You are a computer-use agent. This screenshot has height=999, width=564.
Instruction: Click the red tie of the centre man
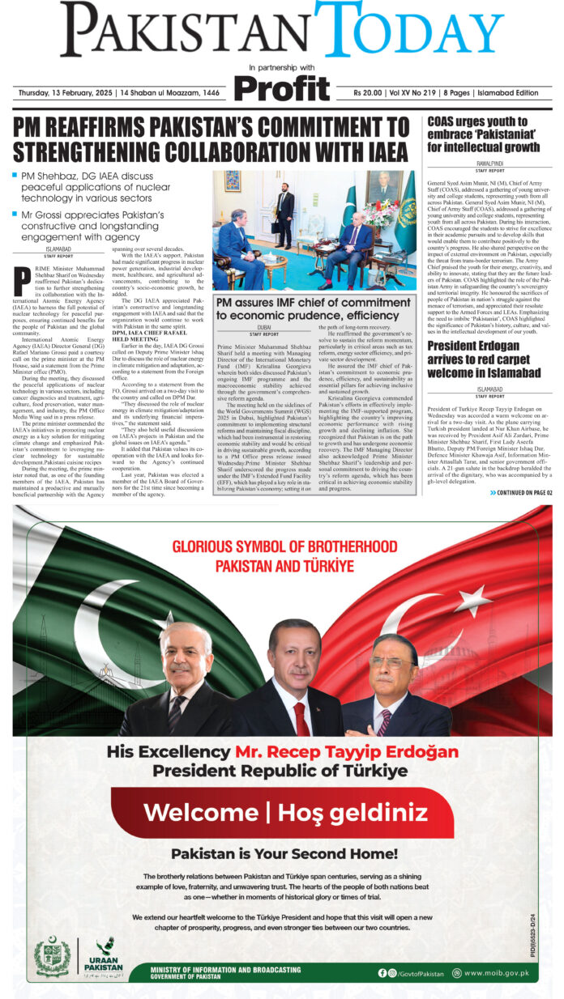(301, 718)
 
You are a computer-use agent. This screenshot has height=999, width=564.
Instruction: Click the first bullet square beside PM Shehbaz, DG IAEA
(15, 174)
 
